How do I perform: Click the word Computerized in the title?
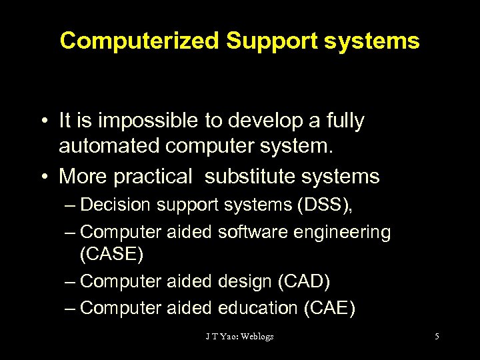[139, 41]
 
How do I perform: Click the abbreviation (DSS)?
[318, 205]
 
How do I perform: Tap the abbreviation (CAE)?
[329, 308]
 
